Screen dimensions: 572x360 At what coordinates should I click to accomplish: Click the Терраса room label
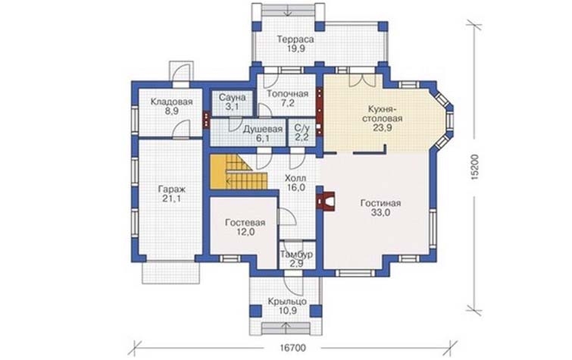click(x=295, y=39)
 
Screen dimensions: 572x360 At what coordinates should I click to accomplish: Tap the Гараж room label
click(x=172, y=189)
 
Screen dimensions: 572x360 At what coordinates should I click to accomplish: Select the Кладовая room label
click(x=171, y=102)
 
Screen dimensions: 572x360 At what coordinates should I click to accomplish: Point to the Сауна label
click(x=232, y=98)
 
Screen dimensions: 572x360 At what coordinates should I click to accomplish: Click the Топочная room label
click(x=287, y=94)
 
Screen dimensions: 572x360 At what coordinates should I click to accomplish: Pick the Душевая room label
click(x=263, y=129)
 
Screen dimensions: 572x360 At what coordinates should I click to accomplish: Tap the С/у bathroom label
click(x=302, y=128)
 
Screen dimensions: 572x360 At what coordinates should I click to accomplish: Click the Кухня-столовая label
click(x=385, y=114)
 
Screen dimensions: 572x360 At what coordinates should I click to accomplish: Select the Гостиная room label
click(x=380, y=203)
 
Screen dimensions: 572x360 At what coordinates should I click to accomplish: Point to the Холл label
click(x=295, y=179)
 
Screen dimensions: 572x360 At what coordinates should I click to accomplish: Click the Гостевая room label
click(x=245, y=223)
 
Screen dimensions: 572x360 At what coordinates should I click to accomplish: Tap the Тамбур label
click(x=296, y=255)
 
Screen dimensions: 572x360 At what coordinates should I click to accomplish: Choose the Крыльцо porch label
click(x=287, y=302)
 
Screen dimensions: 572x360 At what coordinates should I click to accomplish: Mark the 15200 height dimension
click(x=474, y=167)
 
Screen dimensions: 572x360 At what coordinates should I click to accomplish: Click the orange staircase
click(x=239, y=172)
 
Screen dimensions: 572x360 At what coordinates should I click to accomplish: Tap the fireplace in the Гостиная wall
click(x=327, y=201)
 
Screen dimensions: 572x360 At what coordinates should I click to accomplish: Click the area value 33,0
click(x=380, y=213)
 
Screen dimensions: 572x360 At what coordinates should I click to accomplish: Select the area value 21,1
click(x=172, y=199)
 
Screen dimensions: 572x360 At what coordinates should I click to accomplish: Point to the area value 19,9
click(x=295, y=49)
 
